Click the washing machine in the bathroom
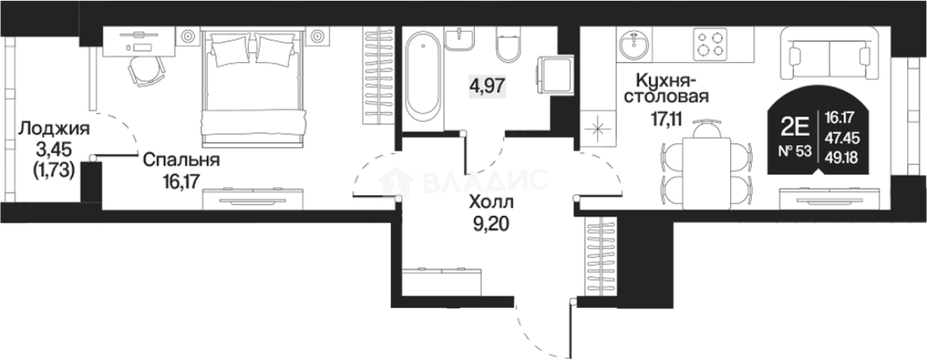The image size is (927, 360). click(x=555, y=75)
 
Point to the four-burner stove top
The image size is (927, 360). click(x=710, y=44)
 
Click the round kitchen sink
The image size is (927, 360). click(x=634, y=45)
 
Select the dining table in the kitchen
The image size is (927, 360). click(x=707, y=174)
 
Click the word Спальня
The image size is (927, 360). click(x=181, y=160)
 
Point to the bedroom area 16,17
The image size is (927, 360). click(x=182, y=181)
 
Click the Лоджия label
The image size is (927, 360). click(x=54, y=129)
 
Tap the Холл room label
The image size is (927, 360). click(x=492, y=203)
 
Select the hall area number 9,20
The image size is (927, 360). click(x=491, y=224)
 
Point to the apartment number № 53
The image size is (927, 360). click(x=795, y=151)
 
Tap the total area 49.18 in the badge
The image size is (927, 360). click(x=841, y=157)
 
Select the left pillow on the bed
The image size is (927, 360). click(x=230, y=50)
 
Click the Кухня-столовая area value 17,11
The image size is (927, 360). click(x=666, y=119)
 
